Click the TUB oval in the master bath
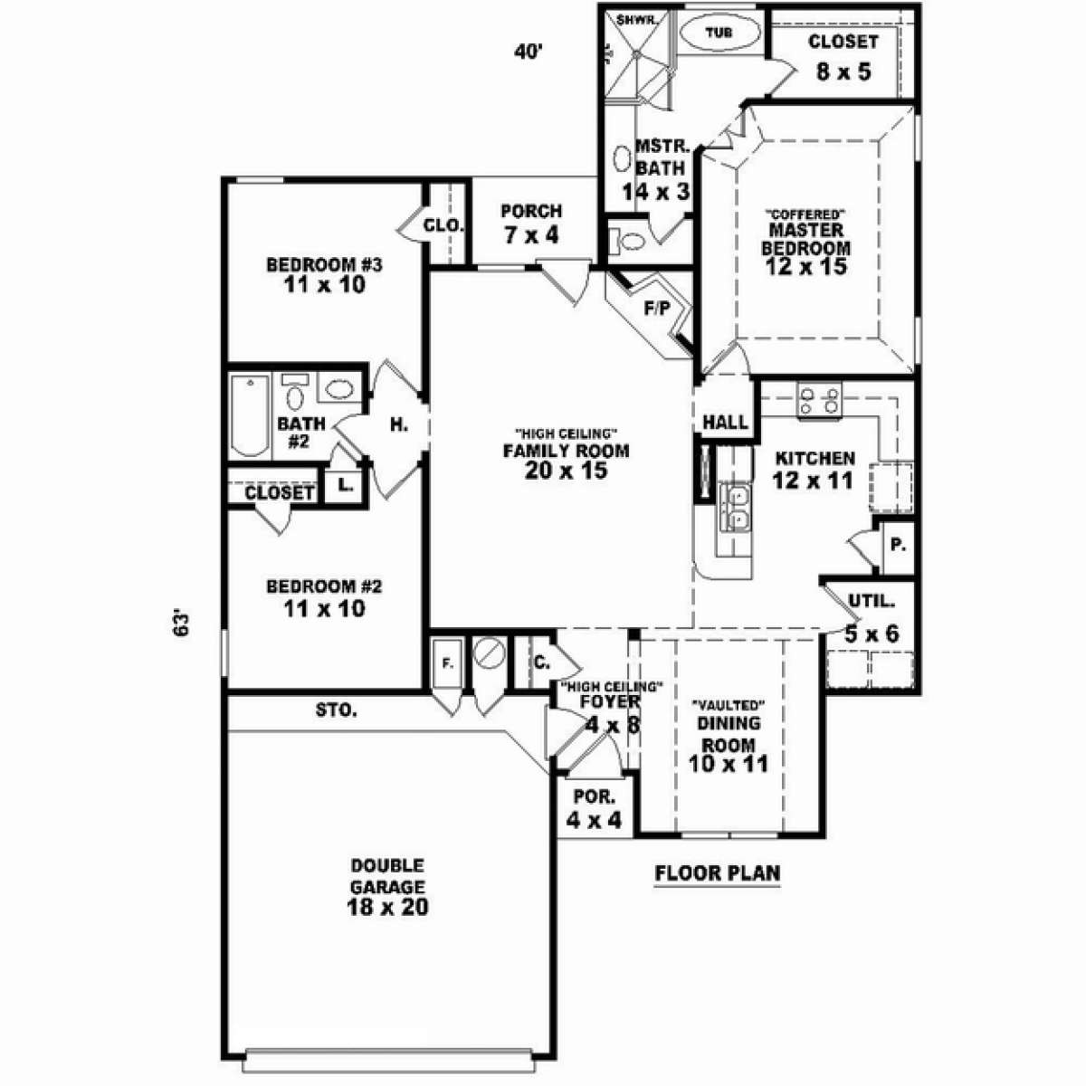coord(719,32)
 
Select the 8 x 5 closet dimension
coord(843,71)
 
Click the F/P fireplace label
coord(657,309)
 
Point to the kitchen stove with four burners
coord(819,400)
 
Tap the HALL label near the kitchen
coord(725,422)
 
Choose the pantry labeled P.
coord(898,545)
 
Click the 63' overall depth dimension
coord(179,622)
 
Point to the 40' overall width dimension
coord(528,52)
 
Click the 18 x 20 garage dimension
coord(387,907)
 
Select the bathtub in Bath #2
coord(250,416)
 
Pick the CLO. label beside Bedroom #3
coord(444,225)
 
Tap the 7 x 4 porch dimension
coord(531,234)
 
